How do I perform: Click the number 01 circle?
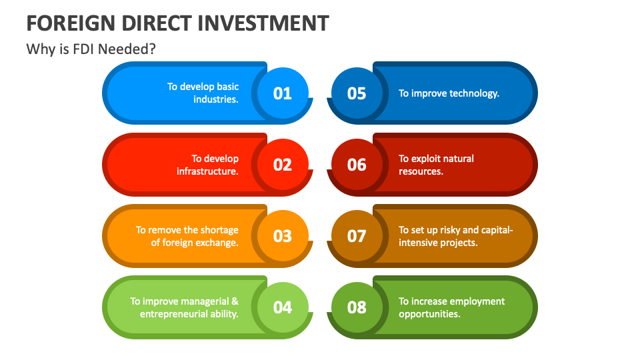point(283,93)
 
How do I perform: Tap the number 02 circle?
point(283,165)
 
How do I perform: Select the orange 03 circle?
point(283,236)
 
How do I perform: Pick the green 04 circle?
point(283,307)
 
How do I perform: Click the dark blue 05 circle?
point(357,93)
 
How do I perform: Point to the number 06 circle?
point(357,165)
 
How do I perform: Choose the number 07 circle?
point(357,236)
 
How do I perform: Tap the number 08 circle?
point(357,307)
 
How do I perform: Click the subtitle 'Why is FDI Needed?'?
point(91,49)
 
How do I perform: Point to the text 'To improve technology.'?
point(449,93)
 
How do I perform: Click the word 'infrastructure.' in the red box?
point(207,171)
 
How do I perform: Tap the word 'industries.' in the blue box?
point(216,99)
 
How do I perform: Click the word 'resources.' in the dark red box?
point(421,171)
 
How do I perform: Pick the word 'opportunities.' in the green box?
point(429,314)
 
